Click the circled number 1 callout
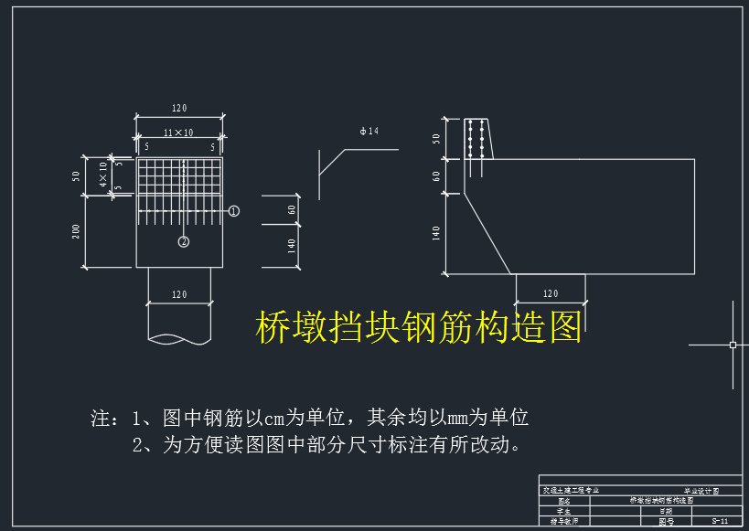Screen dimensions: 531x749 [x=234, y=211]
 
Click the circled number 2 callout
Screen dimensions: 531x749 [x=184, y=241]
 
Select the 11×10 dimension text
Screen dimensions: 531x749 [x=178, y=133]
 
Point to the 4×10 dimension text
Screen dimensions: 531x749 [x=103, y=173]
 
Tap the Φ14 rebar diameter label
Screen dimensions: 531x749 [x=369, y=132]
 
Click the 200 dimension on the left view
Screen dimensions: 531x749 [x=77, y=231]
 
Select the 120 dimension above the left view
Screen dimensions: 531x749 [x=179, y=109]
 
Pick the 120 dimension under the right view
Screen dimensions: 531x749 [x=551, y=293]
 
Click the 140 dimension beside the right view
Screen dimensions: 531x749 [x=437, y=233]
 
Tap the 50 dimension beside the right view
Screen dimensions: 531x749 [x=437, y=139]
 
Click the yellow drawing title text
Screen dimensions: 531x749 [x=419, y=326]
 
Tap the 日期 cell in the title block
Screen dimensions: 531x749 [x=666, y=511]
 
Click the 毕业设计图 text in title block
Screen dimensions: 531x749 [x=701, y=491]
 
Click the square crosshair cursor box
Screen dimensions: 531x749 [x=733, y=345]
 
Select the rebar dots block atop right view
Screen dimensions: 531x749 [x=476, y=147]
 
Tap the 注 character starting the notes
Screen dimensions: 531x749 [x=101, y=419]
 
